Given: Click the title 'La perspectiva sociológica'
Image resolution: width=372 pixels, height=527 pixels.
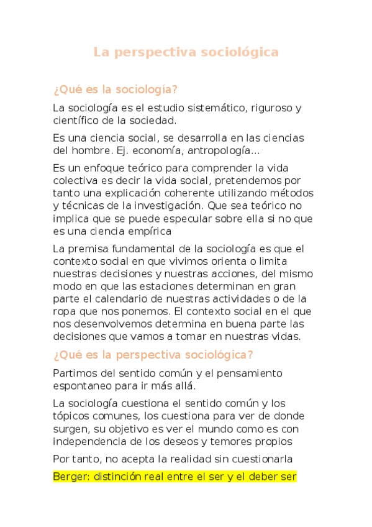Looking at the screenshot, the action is point(186,52).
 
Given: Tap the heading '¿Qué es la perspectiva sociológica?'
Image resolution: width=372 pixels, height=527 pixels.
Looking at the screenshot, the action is point(153,355).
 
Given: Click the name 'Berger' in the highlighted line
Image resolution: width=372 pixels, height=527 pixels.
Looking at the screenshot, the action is point(68,477).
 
